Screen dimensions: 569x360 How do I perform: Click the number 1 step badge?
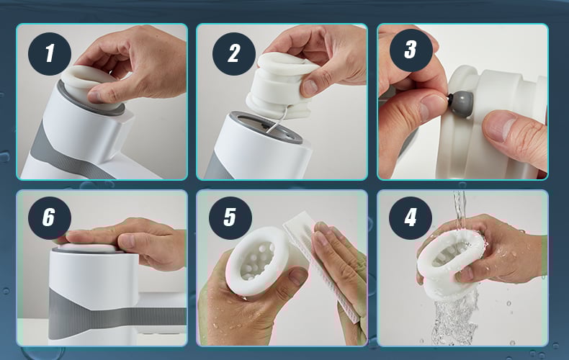pos(50,54)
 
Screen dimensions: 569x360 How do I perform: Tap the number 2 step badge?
pos(234,54)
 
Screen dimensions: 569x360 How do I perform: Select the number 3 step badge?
pos(411,50)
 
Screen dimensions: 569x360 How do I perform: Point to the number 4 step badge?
pos(411,217)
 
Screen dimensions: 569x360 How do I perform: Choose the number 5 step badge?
pos(230,217)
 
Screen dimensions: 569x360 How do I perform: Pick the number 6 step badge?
pos(50,217)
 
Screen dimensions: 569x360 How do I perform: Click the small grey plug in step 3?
pos(460,103)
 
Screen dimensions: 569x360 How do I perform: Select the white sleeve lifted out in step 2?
pos(281,86)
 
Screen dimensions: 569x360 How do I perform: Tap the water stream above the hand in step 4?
pos(460,210)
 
